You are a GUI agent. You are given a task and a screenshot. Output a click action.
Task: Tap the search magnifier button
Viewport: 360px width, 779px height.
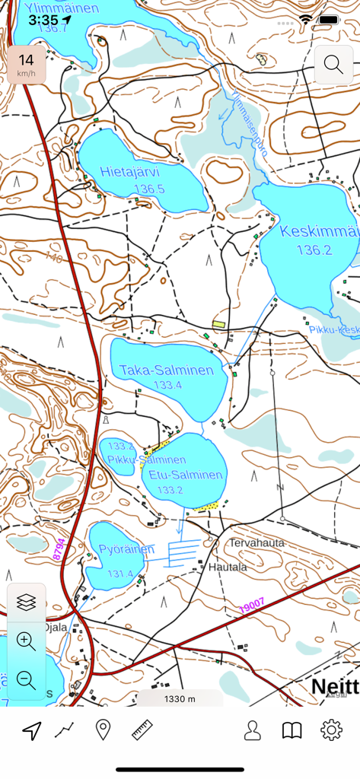(333, 64)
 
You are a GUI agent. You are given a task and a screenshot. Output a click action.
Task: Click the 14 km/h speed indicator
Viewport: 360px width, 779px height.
(27, 65)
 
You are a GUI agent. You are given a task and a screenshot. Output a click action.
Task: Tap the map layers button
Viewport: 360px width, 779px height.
(27, 603)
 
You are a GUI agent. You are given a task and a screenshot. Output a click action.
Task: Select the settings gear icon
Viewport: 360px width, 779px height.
(331, 731)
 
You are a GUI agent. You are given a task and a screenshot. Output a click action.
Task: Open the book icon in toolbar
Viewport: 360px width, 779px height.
(292, 731)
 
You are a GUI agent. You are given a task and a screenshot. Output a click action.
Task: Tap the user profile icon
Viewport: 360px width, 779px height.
(252, 731)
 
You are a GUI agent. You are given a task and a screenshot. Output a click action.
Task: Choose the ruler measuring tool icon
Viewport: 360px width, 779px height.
(142, 731)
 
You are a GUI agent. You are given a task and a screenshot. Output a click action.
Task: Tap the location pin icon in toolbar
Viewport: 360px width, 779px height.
(103, 731)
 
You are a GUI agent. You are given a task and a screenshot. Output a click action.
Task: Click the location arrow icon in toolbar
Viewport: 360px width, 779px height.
(31, 731)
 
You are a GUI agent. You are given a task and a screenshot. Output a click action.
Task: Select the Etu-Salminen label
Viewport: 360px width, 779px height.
(186, 475)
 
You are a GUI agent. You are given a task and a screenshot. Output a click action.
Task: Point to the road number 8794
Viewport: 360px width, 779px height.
(59, 549)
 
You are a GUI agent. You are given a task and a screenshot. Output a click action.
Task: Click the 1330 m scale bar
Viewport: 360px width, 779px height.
(180, 699)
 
